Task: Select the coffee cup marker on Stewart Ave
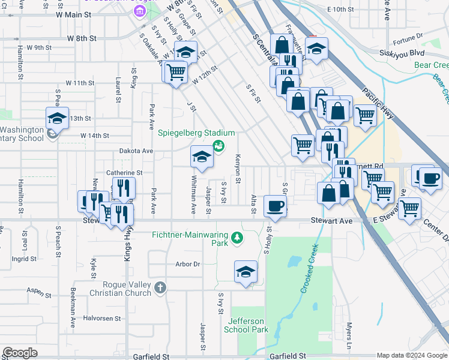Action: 276,206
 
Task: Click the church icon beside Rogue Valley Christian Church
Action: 160,287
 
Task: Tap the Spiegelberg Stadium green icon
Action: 218,145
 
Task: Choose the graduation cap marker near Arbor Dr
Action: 246,272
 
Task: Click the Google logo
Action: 20,353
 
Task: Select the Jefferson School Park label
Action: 246,325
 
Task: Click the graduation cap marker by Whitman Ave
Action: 202,157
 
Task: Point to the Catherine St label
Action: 124,173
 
